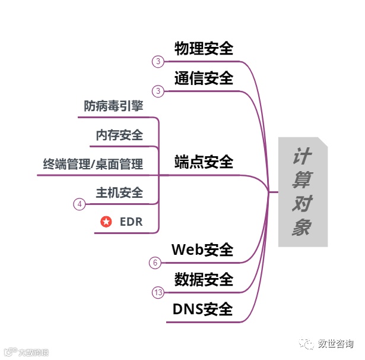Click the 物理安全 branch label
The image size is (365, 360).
(204, 49)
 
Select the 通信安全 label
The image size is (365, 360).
(204, 78)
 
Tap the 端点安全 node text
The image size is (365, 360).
(204, 162)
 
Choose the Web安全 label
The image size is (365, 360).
(202, 250)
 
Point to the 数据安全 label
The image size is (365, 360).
(204, 279)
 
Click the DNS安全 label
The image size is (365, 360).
(202, 309)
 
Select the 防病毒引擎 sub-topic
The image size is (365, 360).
(113, 106)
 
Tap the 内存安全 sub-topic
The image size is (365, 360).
(119, 135)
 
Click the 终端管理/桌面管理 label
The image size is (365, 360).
(93, 163)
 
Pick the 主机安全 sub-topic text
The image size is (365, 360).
(119, 192)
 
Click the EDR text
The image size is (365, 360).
(131, 222)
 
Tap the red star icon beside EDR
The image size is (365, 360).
(106, 222)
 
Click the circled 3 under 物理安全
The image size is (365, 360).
(158, 61)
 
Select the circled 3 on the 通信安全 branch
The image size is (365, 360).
(158, 91)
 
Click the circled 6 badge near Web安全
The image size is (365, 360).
(155, 263)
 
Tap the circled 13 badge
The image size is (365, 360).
(158, 292)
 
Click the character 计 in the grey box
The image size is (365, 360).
(301, 158)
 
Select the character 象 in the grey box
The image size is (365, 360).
(301, 228)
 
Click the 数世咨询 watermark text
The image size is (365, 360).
(335, 344)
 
